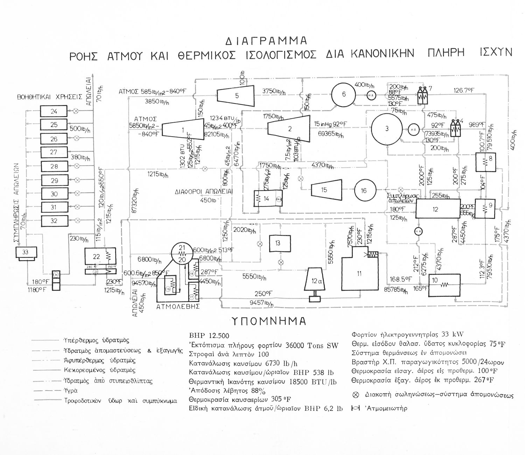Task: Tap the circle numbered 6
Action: (343, 94)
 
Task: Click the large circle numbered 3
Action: (386, 129)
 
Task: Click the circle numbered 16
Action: (364, 190)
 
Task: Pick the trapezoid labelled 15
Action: (324, 190)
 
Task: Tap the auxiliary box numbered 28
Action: (54, 166)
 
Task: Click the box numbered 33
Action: (25, 252)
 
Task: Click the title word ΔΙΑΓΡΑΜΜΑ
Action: (266, 41)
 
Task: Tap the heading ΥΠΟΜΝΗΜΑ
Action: (268, 321)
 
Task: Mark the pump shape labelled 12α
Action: (316, 281)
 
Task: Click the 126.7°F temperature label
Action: (464, 90)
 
